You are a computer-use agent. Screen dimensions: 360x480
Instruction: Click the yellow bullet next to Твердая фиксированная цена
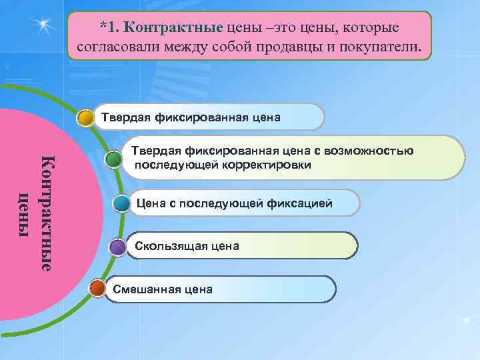tap(85, 119)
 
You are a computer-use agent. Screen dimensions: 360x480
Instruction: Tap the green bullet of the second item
tap(114, 159)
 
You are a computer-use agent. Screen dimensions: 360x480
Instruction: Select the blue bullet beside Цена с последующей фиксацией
tap(121, 203)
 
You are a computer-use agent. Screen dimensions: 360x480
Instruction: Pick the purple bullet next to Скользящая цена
tap(118, 247)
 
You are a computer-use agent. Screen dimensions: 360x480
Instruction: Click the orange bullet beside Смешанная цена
tap(97, 289)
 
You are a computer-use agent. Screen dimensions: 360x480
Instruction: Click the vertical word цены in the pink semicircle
tap(25, 213)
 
